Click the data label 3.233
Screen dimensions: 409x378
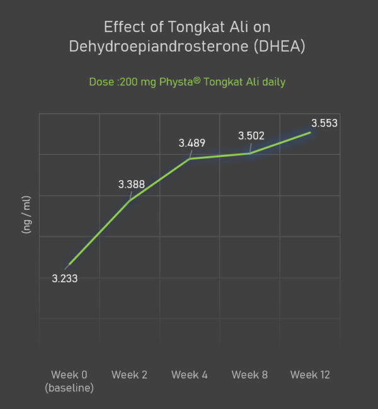pos(65,279)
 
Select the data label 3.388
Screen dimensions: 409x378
pos(132,185)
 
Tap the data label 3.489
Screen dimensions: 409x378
pos(192,143)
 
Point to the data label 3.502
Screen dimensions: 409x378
pos(251,135)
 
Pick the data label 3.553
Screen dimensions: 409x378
pos(324,123)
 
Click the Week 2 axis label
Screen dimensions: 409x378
pos(130,375)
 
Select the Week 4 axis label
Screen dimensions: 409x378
pos(190,375)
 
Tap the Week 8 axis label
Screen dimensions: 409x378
pos(249,375)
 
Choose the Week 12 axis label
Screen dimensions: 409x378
pos(310,375)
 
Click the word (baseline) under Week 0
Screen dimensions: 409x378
pos(69,388)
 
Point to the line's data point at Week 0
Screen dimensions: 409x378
pos(69,265)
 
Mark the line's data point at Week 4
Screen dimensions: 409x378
pos(190,159)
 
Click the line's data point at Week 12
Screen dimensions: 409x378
pos(310,132)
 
